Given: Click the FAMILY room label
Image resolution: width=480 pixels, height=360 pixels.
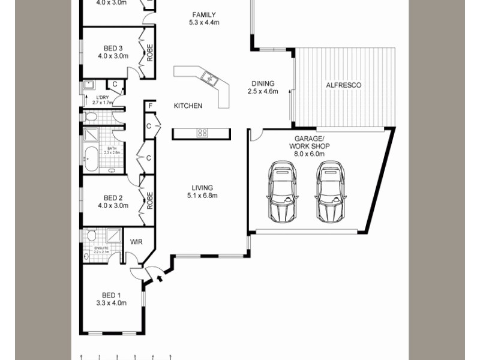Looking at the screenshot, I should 204,15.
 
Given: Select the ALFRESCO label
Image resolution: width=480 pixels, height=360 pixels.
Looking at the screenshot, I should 343,86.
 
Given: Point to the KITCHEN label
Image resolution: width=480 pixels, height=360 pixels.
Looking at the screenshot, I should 188,106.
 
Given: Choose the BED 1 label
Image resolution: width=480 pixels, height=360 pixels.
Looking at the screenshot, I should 112,295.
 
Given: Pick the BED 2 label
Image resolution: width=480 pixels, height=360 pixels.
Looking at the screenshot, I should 113,198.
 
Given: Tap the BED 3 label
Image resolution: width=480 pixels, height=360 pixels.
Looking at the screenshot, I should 113,49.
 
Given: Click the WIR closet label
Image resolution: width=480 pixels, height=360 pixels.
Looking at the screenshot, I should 137,242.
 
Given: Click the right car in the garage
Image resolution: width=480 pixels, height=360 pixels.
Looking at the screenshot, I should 331,191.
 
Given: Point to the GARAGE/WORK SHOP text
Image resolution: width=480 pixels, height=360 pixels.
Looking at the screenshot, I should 310,142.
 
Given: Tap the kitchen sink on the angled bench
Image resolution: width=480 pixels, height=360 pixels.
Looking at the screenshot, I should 209,77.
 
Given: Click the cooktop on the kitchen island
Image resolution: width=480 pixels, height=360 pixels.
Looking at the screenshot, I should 202,133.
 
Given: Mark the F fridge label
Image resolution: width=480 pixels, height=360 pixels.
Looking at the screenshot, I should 149,106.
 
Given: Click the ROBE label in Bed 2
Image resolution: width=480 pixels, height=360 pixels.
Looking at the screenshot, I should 149,200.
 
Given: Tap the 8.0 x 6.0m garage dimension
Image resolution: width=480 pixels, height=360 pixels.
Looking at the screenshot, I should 310,154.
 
